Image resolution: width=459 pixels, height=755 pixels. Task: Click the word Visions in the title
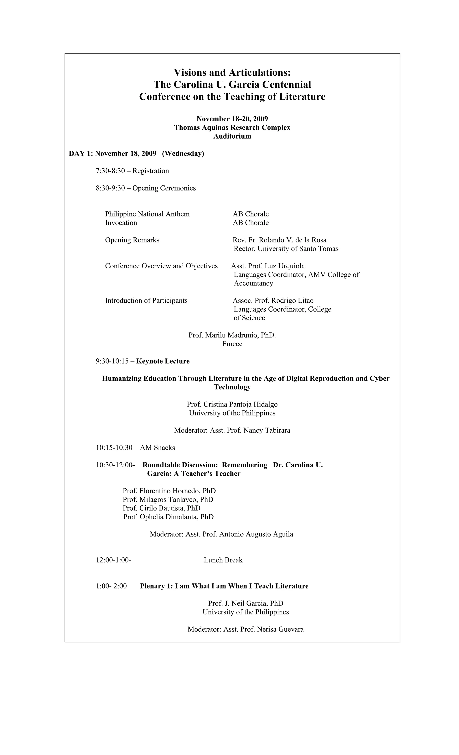tap(190, 73)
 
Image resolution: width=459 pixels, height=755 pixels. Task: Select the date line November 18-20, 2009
tap(232, 119)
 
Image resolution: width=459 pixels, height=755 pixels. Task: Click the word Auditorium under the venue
tap(232, 136)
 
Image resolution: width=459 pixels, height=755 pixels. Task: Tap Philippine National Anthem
tap(147, 214)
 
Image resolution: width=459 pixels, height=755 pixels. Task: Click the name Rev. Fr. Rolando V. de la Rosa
tap(279, 240)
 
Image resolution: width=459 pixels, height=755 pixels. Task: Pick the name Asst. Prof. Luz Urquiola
tap(268, 266)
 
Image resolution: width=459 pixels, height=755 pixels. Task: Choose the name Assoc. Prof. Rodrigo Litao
tap(273, 300)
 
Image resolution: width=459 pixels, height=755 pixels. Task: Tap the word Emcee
tap(232, 344)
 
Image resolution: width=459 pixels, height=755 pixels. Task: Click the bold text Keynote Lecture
tap(163, 361)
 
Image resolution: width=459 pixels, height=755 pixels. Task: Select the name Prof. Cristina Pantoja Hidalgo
tap(232, 404)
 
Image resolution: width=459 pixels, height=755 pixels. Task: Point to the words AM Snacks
tap(157, 448)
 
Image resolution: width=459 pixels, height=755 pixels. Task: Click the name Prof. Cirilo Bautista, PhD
tap(161, 508)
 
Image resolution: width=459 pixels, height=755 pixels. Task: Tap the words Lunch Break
tap(223, 560)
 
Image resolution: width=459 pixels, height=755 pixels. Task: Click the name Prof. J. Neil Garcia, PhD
tap(245, 603)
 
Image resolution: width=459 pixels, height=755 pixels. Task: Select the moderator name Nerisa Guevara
tap(280, 629)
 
